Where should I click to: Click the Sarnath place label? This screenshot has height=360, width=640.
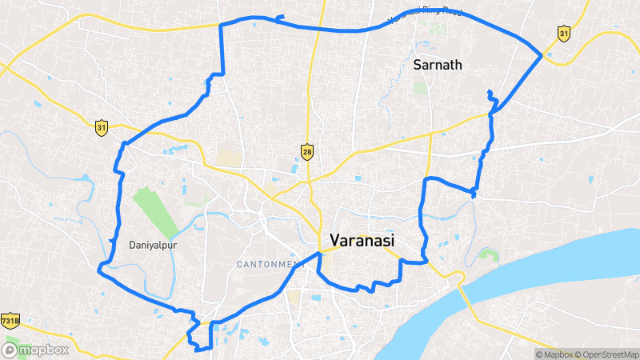coord(438,65)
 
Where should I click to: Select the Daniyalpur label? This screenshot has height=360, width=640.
coord(152,245)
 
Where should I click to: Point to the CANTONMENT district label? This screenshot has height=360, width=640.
coord(270,264)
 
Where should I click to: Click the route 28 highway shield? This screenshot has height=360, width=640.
coord(307,150)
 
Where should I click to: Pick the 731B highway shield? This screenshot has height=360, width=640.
coord(10,320)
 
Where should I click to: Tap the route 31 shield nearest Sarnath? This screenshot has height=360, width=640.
coord(564,33)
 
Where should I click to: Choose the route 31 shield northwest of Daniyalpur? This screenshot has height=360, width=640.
coord(101,127)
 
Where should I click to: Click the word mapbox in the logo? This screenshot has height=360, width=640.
coord(44,350)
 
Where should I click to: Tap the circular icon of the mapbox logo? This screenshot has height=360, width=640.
coord(11,350)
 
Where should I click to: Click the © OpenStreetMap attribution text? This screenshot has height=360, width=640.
coord(608,354)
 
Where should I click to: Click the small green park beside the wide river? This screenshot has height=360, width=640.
coord(487,256)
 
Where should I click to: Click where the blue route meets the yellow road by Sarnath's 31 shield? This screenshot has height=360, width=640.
coord(542,55)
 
